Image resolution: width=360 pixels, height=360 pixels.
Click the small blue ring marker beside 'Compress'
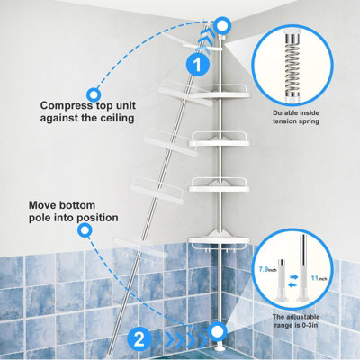coord(92,93)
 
